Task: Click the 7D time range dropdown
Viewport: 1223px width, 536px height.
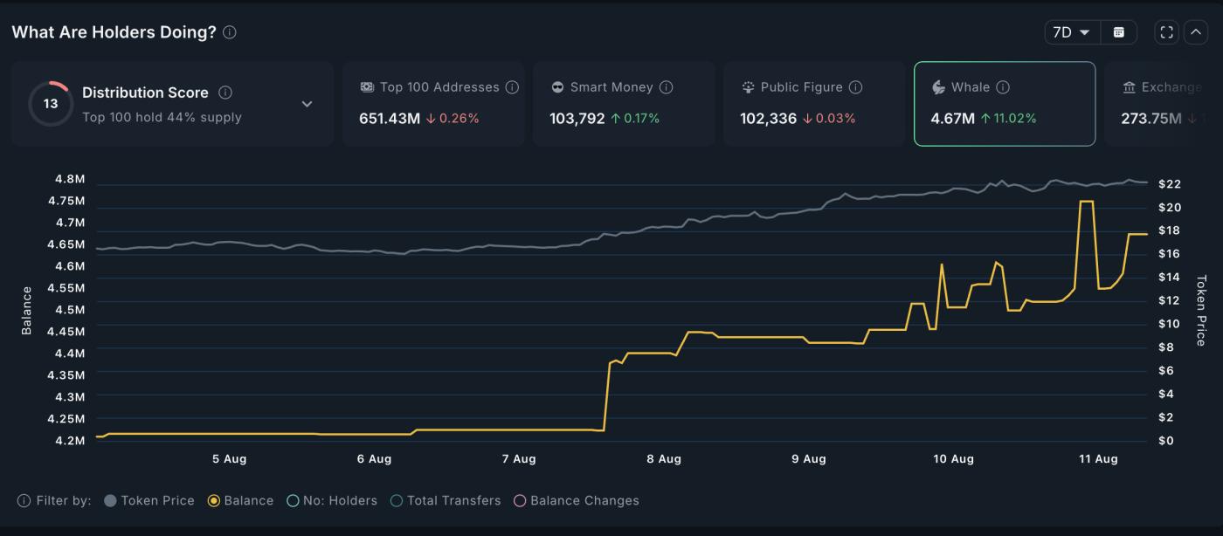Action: coord(1072,32)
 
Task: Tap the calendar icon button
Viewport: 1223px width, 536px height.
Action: coord(1118,32)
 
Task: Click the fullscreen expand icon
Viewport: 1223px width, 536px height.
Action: coord(1166,32)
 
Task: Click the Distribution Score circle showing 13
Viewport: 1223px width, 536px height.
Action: coord(51,104)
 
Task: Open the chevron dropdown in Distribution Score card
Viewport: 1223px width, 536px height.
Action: coord(307,104)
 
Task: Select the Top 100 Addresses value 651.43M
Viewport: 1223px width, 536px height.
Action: coord(390,118)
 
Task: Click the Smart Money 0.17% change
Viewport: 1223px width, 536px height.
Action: coord(641,118)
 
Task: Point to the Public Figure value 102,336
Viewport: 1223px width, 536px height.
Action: coord(768,118)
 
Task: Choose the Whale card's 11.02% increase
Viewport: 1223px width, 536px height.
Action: coord(1008,118)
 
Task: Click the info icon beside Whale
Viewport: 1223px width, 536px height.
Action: coord(1003,87)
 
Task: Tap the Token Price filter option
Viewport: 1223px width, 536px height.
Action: coord(149,501)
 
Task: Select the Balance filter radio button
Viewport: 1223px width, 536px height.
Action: coord(213,501)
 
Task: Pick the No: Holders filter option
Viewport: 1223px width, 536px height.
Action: coord(333,501)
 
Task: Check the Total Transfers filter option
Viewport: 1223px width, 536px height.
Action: coord(446,501)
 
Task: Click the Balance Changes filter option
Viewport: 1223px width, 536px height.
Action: coord(577,501)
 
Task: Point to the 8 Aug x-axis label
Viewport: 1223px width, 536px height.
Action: coord(663,459)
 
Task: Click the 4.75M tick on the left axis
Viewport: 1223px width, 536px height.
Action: coord(69,201)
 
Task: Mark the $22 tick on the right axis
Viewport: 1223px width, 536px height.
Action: coord(1170,184)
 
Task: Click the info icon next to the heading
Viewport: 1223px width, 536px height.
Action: coord(230,32)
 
